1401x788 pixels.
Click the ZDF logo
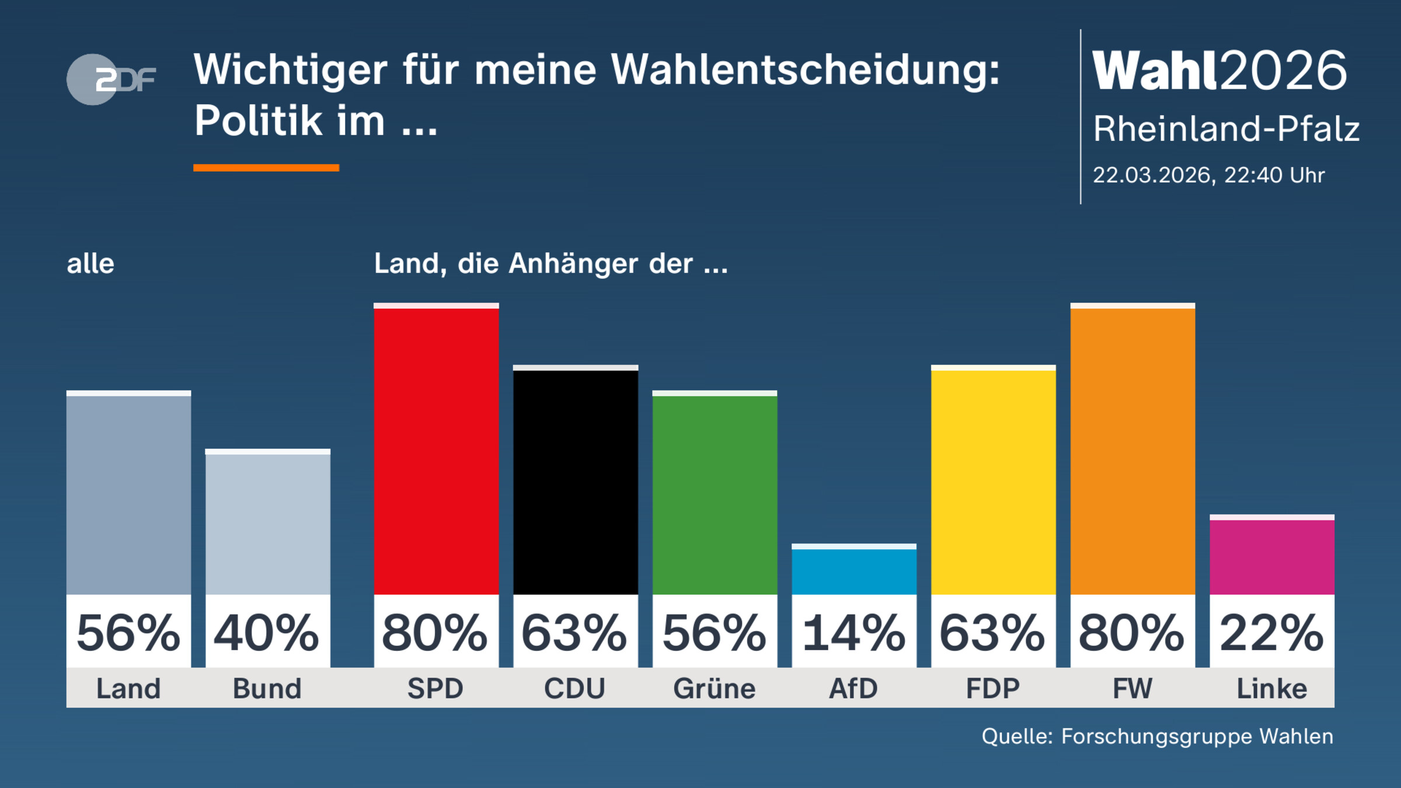point(111,79)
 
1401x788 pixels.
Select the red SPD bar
point(436,449)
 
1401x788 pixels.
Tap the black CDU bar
point(576,482)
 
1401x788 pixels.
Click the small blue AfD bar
point(854,570)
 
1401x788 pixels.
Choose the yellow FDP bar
point(993,482)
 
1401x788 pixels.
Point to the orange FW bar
point(1132,449)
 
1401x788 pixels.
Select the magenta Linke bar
point(1272,556)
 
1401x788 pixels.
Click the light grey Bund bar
point(268,522)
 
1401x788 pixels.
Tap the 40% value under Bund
point(267,633)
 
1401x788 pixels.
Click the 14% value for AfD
point(854,633)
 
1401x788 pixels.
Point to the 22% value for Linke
point(1272,633)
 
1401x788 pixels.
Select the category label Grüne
point(715,689)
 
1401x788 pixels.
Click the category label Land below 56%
point(128,689)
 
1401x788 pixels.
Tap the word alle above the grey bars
point(90,264)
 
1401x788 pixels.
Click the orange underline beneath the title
point(266,168)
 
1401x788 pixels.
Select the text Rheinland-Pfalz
point(1226,129)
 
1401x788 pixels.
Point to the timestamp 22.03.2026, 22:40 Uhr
point(1208,175)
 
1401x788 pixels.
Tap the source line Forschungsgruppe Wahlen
point(1197,737)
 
